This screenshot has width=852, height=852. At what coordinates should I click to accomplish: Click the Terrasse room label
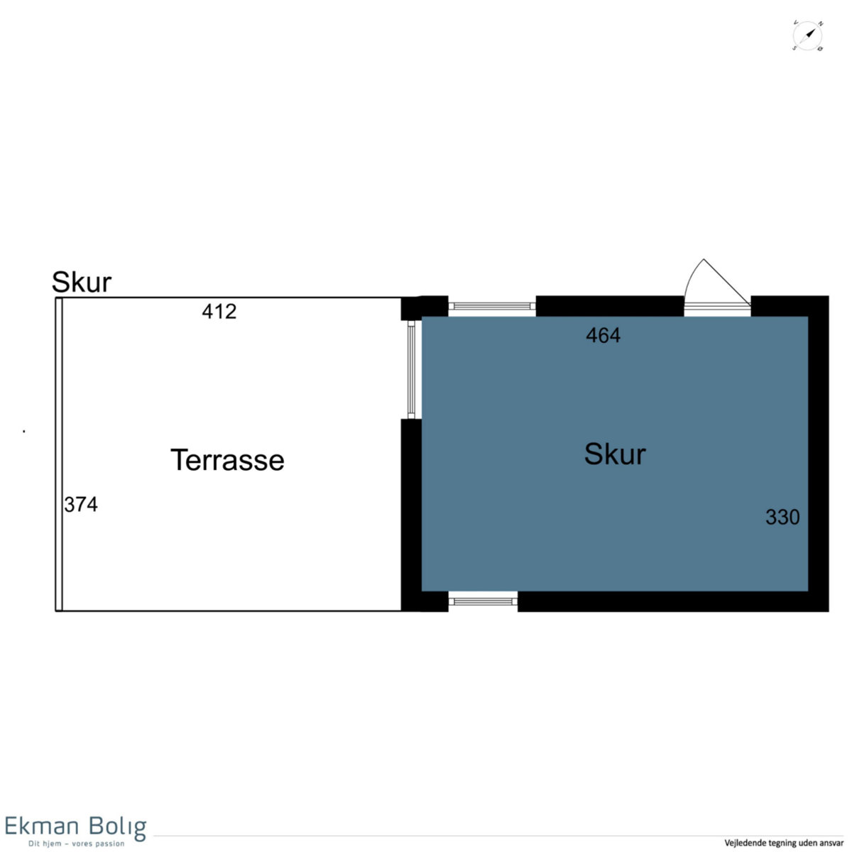[227, 460]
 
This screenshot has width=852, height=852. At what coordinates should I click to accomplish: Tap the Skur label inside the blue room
[615, 454]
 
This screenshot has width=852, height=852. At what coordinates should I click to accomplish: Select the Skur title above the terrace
[82, 282]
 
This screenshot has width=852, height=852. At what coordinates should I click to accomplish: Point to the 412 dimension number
[219, 311]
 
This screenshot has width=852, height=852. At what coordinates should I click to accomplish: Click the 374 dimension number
[81, 504]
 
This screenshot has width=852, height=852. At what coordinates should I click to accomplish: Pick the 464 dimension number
[603, 335]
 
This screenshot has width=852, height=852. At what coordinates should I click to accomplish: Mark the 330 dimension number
[782, 517]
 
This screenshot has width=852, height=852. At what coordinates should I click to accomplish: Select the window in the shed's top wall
[491, 306]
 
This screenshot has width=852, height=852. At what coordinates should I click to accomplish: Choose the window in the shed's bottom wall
[483, 601]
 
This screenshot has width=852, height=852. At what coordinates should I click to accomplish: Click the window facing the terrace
[411, 370]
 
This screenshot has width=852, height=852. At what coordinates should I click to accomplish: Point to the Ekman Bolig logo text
[75, 826]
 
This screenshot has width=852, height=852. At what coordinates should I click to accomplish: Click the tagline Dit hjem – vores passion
[77, 843]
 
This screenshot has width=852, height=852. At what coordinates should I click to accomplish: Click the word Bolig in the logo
[117, 828]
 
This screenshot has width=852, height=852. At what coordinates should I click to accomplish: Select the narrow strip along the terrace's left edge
[59, 454]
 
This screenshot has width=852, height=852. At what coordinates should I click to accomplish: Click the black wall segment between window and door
[610, 306]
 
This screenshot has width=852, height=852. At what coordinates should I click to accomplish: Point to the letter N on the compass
[821, 24]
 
